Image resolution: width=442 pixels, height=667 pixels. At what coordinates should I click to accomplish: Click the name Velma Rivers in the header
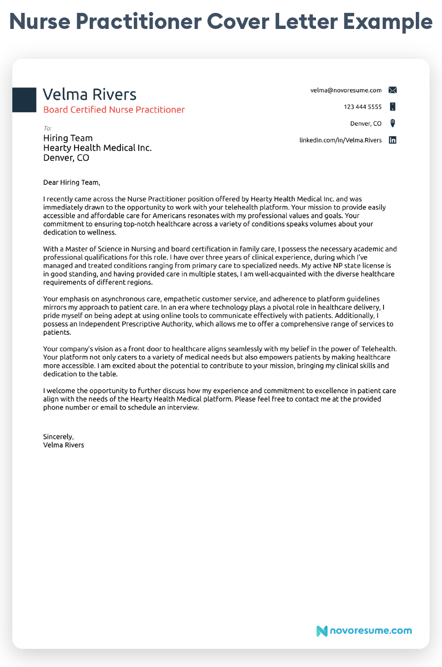click(x=90, y=95)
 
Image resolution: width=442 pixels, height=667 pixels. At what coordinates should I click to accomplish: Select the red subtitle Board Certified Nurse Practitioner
click(x=114, y=110)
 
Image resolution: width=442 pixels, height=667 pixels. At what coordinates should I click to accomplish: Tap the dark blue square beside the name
click(x=24, y=100)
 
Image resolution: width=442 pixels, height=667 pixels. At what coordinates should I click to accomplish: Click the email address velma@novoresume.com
click(x=346, y=90)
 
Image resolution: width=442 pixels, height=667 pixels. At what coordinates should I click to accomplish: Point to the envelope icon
click(x=392, y=90)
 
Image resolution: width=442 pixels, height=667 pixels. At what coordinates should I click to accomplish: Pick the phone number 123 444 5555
click(x=362, y=107)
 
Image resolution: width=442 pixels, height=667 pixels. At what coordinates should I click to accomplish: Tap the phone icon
click(x=392, y=107)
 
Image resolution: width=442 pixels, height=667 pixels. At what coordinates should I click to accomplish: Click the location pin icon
click(x=392, y=123)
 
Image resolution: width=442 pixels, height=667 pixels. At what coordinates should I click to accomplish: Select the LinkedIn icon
click(x=392, y=140)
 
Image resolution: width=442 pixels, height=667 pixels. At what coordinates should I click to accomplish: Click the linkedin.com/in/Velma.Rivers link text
click(x=340, y=140)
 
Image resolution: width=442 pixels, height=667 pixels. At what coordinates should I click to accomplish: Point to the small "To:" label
click(x=47, y=128)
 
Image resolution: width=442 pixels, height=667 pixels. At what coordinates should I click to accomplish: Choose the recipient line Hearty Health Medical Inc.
click(x=98, y=148)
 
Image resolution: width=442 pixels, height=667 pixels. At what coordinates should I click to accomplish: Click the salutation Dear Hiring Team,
click(x=72, y=182)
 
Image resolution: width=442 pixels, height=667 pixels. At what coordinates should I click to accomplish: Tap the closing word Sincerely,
click(x=58, y=437)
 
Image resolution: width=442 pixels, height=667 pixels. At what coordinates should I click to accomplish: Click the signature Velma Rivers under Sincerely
click(x=63, y=445)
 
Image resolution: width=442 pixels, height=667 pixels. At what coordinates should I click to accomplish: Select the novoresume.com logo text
click(x=371, y=631)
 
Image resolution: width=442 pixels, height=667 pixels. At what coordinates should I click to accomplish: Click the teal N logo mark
click(x=322, y=631)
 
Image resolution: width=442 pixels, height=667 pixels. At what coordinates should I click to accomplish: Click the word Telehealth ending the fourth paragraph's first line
click(x=379, y=349)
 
